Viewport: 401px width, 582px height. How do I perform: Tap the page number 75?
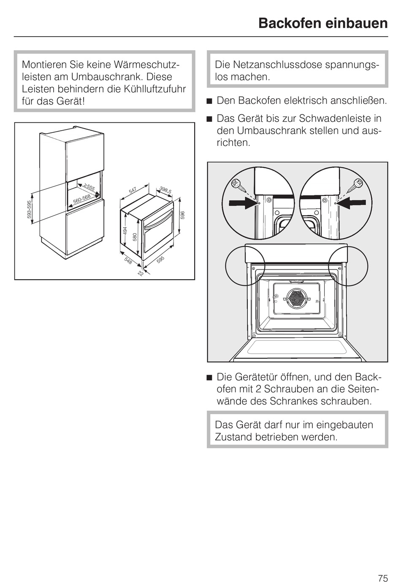coord(382,566)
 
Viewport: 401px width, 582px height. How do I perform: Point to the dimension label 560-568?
coord(82,199)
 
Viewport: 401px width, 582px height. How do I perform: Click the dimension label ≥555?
coord(88,187)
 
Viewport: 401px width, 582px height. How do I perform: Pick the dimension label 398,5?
coord(165,190)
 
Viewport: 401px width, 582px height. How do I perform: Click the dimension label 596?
coord(182,216)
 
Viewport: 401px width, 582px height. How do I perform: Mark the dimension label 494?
coord(125,232)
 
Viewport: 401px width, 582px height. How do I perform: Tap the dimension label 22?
coord(140,274)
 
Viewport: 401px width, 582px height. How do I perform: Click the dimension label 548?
coord(128,261)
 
